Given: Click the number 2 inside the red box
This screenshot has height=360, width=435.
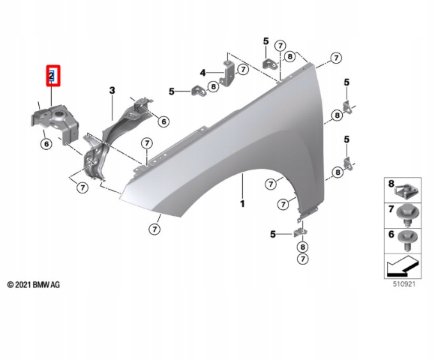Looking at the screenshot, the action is (x=52, y=76).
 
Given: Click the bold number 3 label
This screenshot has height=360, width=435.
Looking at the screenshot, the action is (x=112, y=91).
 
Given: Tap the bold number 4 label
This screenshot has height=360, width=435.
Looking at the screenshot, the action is (x=202, y=73).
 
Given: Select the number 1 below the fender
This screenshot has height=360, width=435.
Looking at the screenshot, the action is (x=242, y=204).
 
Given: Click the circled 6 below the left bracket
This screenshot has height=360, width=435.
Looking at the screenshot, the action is (x=46, y=144).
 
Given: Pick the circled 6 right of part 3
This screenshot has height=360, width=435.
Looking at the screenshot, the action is (x=163, y=121).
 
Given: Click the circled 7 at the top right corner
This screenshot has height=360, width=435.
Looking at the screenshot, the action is (x=336, y=58).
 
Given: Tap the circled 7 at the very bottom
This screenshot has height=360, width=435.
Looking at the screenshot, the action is (x=303, y=259).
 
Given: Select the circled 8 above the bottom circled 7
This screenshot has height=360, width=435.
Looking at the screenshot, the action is (x=302, y=247).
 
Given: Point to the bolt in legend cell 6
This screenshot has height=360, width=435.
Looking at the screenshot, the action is (x=408, y=240).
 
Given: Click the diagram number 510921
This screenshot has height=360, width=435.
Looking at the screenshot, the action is (x=404, y=284).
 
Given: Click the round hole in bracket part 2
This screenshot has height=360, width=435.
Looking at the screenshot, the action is (x=58, y=114).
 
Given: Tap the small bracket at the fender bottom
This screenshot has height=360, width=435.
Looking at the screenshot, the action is (x=299, y=232).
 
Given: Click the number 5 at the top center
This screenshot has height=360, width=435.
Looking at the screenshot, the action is (x=265, y=41).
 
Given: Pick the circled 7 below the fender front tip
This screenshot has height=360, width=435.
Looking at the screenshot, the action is (x=154, y=229).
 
